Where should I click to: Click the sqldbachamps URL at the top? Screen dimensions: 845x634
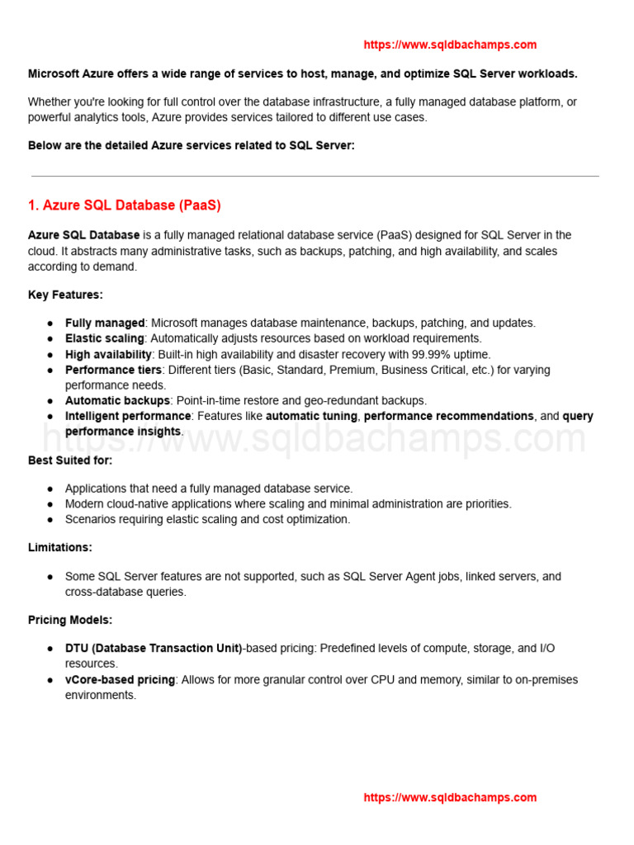[450, 45]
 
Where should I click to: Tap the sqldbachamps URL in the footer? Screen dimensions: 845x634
[450, 797]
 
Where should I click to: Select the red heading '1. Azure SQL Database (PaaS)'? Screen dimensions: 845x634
[125, 205]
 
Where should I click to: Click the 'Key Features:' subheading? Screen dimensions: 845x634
[65, 295]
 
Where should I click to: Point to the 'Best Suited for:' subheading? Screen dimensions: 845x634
[70, 460]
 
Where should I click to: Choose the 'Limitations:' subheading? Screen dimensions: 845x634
[60, 547]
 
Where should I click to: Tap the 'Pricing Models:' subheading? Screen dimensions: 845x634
[70, 620]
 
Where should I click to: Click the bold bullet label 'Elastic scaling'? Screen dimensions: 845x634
[105, 338]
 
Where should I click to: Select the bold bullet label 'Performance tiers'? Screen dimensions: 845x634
[113, 370]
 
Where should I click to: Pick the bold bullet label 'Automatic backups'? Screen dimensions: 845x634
[117, 400]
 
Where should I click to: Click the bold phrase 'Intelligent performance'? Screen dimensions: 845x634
[128, 416]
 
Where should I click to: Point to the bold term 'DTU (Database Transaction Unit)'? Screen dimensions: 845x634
[154, 649]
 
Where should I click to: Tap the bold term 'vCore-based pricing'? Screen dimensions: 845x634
[121, 679]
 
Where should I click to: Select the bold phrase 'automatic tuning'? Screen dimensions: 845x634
[311, 416]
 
